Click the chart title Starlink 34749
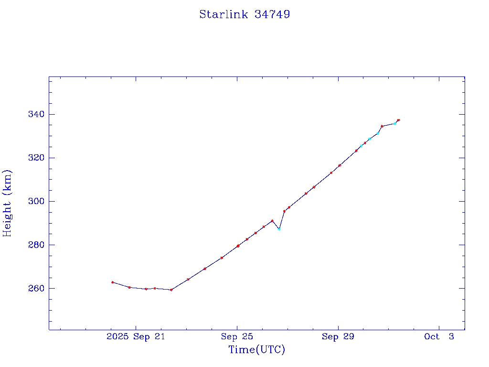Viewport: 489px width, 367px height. pyautogui.click(x=244, y=14)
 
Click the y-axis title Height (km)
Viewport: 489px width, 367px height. pyautogui.click(x=8, y=203)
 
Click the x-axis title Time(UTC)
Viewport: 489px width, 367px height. pyautogui.click(x=257, y=350)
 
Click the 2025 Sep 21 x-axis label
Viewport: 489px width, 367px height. pyautogui.click(x=136, y=337)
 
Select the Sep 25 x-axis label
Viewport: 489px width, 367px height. pyautogui.click(x=237, y=337)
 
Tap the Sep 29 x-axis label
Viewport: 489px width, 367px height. pyautogui.click(x=338, y=337)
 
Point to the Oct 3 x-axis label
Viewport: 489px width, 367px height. pyautogui.click(x=439, y=337)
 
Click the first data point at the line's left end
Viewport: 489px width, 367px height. pyautogui.click(x=112, y=282)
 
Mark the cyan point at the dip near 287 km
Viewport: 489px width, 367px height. pyautogui.click(x=279, y=229)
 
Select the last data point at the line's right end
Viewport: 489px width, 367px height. pyautogui.click(x=398, y=120)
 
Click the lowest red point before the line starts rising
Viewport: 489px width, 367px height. pyautogui.click(x=171, y=290)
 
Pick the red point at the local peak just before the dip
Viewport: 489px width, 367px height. pyautogui.click(x=272, y=221)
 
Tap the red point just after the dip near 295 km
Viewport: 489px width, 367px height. pyautogui.click(x=284, y=211)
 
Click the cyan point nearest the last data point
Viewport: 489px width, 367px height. pyautogui.click(x=394, y=123)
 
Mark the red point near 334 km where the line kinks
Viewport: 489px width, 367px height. pyautogui.click(x=382, y=126)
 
